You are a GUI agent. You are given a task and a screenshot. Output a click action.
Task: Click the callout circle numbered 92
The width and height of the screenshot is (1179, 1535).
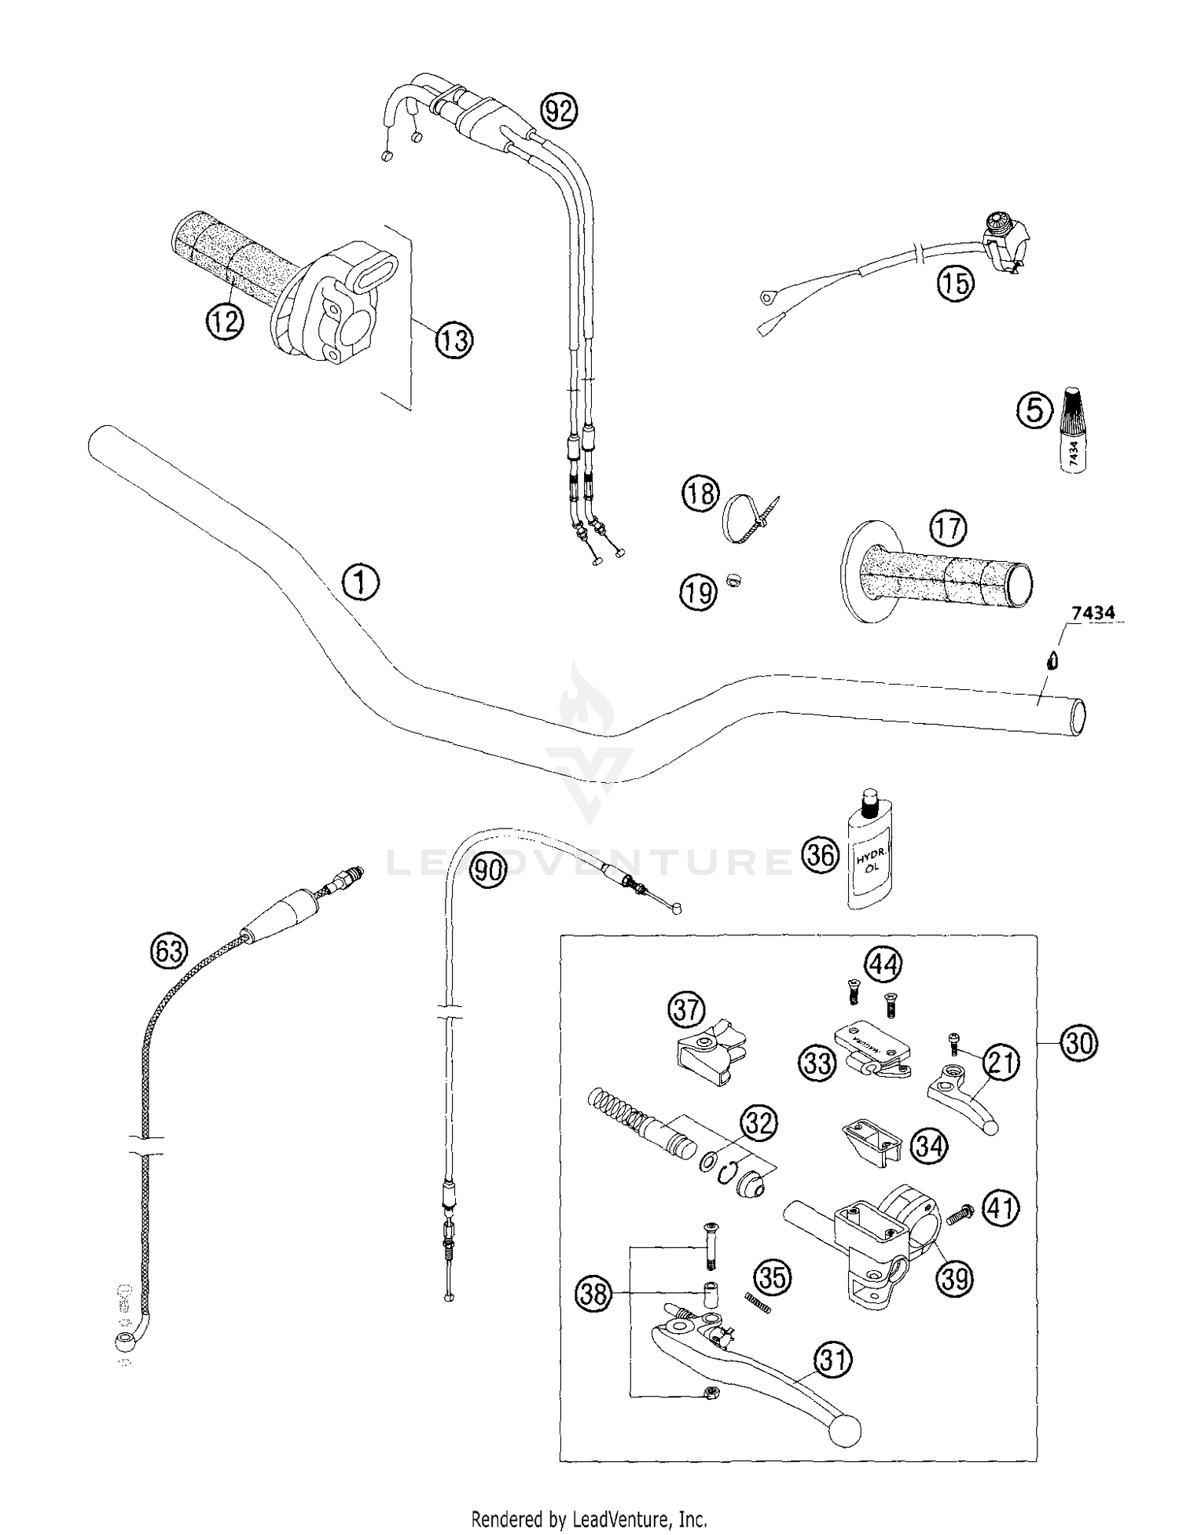pos(559,112)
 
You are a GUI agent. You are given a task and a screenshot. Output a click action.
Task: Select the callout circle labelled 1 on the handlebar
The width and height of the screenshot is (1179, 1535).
pos(361,582)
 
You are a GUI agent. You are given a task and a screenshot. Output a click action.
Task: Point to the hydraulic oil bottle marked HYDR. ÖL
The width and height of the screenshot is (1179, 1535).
pos(870,857)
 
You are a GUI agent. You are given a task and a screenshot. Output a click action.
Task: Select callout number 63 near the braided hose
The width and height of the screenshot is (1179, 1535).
pos(169,952)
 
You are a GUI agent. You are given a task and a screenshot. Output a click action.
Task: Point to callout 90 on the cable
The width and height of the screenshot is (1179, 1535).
pos(488,871)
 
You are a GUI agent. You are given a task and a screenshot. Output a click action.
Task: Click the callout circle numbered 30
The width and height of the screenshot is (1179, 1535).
pos(1078,1043)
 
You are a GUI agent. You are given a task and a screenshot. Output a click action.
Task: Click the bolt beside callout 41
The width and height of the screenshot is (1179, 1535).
pos(959,1216)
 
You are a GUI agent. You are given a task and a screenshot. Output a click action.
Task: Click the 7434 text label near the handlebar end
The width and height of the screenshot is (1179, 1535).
pos(1093,613)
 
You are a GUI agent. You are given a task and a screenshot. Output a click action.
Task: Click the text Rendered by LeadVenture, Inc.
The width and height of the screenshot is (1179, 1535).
pos(589,1518)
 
